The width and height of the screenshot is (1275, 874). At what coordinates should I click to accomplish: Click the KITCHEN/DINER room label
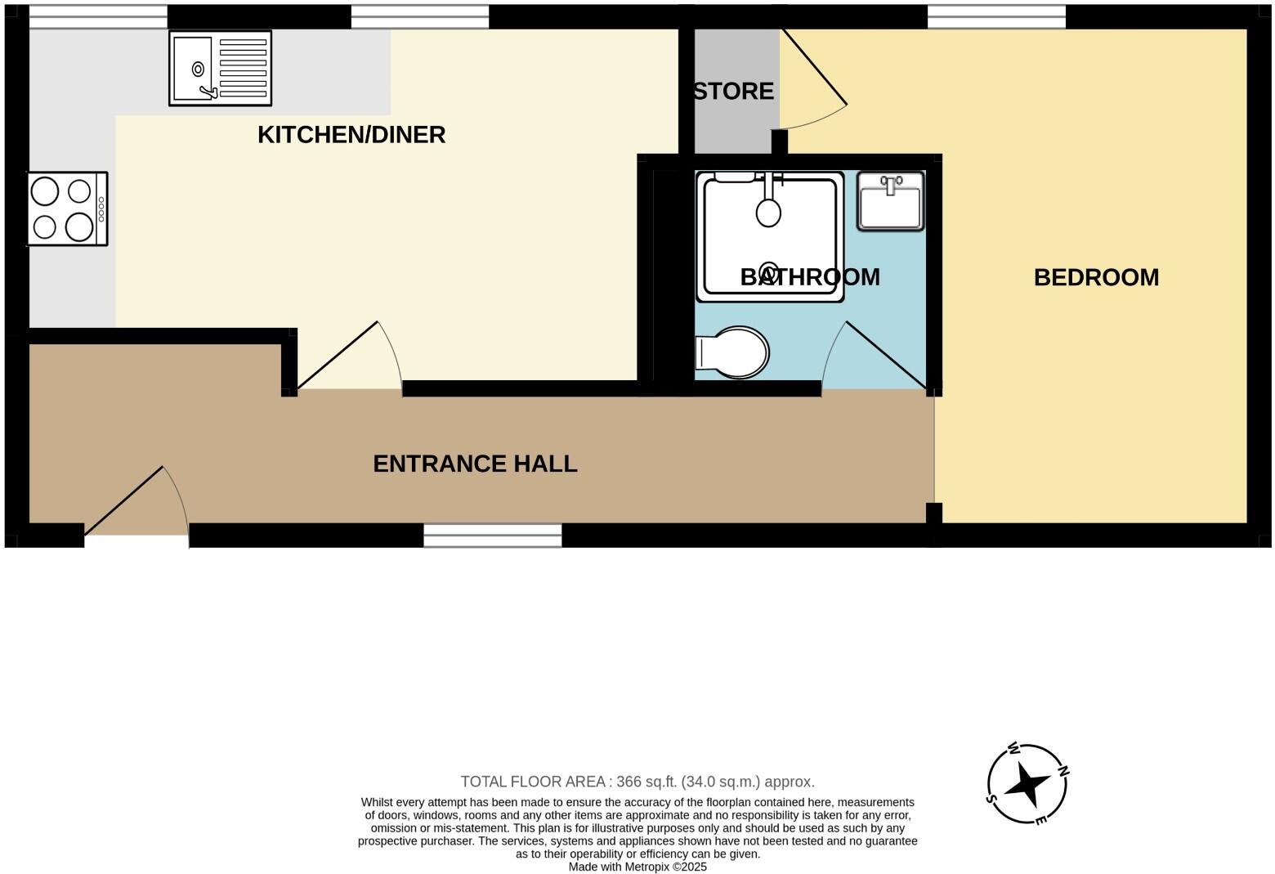click(x=351, y=135)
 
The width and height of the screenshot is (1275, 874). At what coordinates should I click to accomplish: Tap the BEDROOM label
click(x=1096, y=278)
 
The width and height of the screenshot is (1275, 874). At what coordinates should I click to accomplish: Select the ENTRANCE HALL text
click(x=475, y=464)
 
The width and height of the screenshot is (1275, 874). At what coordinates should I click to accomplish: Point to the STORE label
click(x=734, y=91)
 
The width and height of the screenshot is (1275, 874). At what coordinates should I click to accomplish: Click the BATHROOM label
click(x=809, y=277)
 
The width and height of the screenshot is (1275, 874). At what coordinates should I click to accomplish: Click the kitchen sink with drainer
click(x=220, y=68)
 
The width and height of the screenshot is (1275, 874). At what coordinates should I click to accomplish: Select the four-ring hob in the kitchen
click(x=67, y=208)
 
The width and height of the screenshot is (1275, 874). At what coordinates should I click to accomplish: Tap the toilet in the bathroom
click(x=733, y=353)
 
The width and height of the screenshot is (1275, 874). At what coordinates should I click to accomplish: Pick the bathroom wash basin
click(x=890, y=201)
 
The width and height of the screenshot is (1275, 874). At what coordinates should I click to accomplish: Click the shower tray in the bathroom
click(x=769, y=237)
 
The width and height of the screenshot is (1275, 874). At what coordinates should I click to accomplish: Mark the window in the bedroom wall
click(x=996, y=16)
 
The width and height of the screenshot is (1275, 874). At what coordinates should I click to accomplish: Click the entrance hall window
click(x=492, y=536)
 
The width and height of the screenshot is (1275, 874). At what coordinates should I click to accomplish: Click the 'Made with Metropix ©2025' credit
click(x=637, y=867)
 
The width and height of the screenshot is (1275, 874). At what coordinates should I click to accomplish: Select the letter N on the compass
click(x=1063, y=771)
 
